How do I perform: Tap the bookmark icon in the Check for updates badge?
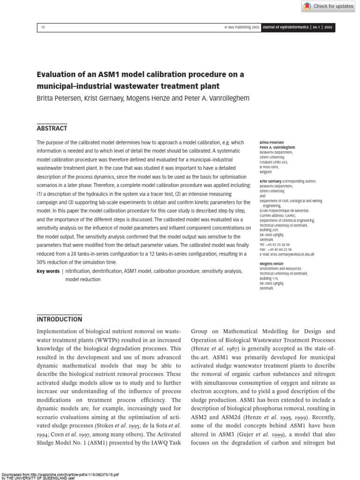pos(307,6)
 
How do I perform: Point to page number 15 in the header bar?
pos(43,27)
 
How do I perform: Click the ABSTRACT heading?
pos(52,128)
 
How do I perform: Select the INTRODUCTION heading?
pos(59,319)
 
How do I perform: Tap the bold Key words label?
pos(48,271)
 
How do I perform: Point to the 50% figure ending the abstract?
pos(42,262)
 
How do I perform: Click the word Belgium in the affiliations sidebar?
pos(266,172)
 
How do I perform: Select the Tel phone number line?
pos(275,244)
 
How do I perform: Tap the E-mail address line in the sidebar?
pos(286,254)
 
